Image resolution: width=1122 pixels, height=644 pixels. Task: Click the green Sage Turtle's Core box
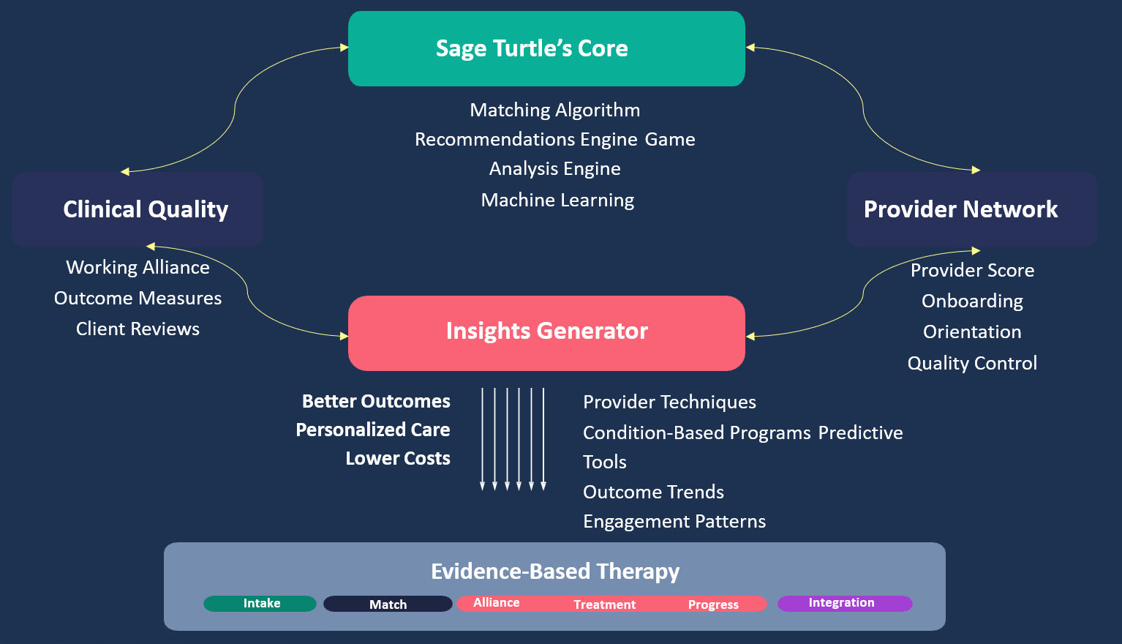(546, 48)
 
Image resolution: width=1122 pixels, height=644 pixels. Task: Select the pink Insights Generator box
(546, 333)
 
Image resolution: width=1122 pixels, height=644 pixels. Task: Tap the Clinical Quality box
(138, 209)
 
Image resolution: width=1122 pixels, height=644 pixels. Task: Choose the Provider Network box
(972, 209)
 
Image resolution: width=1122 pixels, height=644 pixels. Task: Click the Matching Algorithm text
(555, 111)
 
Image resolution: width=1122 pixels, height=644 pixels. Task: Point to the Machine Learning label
(557, 200)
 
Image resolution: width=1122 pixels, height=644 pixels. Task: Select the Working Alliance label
(138, 268)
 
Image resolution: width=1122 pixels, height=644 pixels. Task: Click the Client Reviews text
(138, 329)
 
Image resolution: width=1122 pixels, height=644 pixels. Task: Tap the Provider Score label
(972, 270)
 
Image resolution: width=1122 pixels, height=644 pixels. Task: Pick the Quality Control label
(972, 363)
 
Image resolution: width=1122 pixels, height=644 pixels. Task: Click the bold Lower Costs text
(398, 458)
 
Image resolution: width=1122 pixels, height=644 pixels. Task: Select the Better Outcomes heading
(376, 401)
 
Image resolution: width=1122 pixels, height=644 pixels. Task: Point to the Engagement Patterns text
(674, 522)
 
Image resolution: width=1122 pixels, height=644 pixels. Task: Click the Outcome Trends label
(653, 492)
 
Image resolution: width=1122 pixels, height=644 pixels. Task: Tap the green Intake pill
(260, 604)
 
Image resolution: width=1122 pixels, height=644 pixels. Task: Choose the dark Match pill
(388, 604)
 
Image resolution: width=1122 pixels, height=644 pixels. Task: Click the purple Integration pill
(845, 604)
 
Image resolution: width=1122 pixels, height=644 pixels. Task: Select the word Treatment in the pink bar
(605, 604)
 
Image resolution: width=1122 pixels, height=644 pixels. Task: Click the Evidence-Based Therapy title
(555, 572)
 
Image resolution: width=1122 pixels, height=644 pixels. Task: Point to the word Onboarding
(972, 302)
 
